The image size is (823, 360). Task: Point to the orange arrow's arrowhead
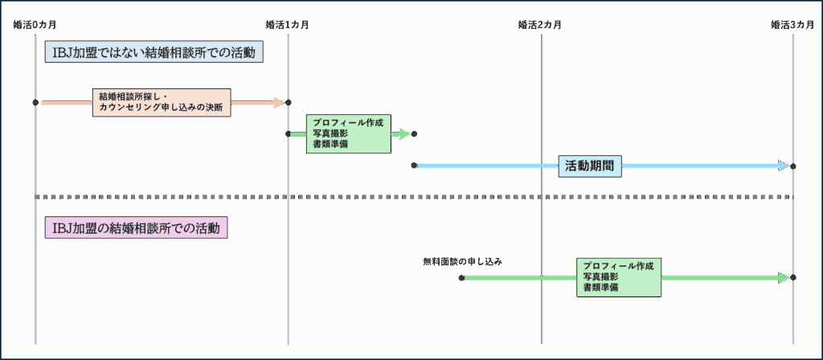click(280, 102)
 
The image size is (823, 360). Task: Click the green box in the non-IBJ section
click(348, 133)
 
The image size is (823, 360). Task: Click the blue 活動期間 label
click(589, 166)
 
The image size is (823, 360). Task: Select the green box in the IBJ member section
click(618, 277)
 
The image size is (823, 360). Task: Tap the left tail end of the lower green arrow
click(467, 277)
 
